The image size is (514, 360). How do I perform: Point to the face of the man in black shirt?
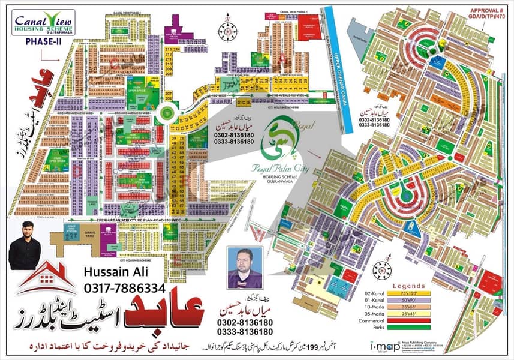(x=25, y=232)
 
